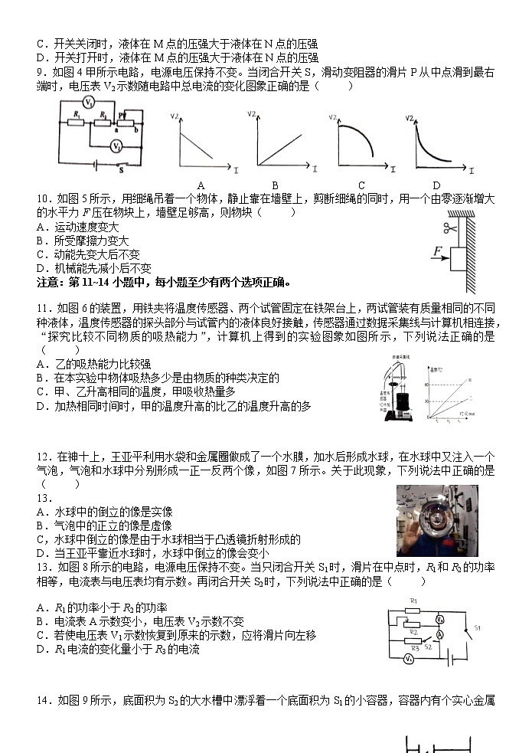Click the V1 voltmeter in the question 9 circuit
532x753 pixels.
coord(89,102)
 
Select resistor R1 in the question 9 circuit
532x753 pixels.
coord(77,120)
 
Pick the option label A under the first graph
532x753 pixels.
coord(201,185)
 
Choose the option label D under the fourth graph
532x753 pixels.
coord(436,185)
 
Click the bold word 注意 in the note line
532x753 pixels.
coord(49,281)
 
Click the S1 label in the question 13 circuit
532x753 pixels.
coord(476,628)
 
